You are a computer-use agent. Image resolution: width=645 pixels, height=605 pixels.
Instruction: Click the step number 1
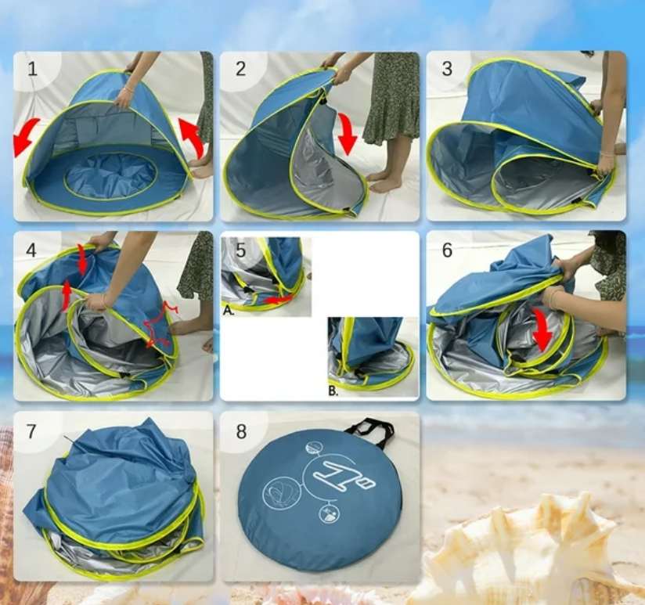(32, 69)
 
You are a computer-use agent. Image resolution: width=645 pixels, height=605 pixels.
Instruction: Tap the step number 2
(240, 69)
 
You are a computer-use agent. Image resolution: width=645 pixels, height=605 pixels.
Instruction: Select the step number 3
(447, 69)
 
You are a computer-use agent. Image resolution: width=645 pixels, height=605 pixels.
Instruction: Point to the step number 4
(32, 250)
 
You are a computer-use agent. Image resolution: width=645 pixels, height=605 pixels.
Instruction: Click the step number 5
(240, 250)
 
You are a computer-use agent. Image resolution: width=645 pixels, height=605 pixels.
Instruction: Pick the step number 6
(447, 250)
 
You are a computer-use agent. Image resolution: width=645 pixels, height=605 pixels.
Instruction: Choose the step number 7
(32, 431)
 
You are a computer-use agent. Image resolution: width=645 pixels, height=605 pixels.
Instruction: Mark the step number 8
(240, 431)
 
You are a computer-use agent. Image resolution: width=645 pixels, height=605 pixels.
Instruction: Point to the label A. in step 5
(229, 310)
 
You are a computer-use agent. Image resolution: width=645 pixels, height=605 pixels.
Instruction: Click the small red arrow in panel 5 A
(277, 300)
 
